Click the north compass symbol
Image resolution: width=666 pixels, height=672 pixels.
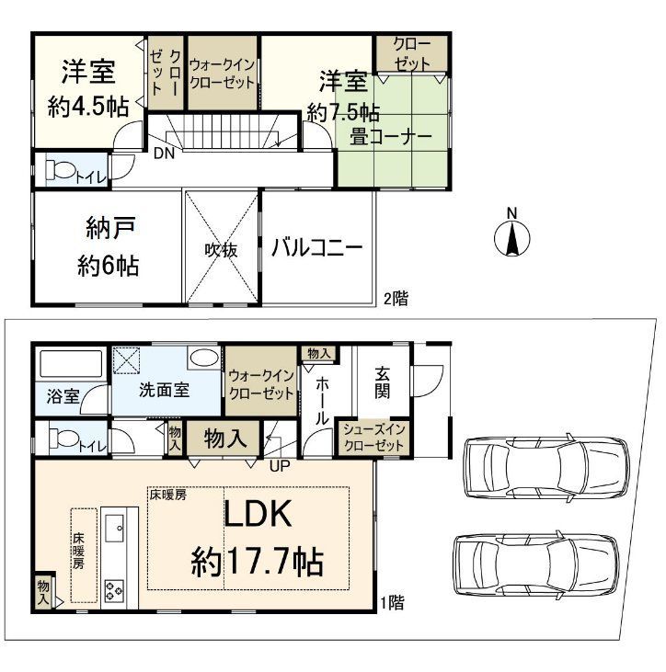(x=513, y=235)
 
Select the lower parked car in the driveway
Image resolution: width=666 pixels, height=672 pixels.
(x=534, y=560)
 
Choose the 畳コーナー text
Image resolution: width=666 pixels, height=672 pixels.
(x=390, y=135)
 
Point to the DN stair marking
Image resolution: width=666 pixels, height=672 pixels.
(x=165, y=153)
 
